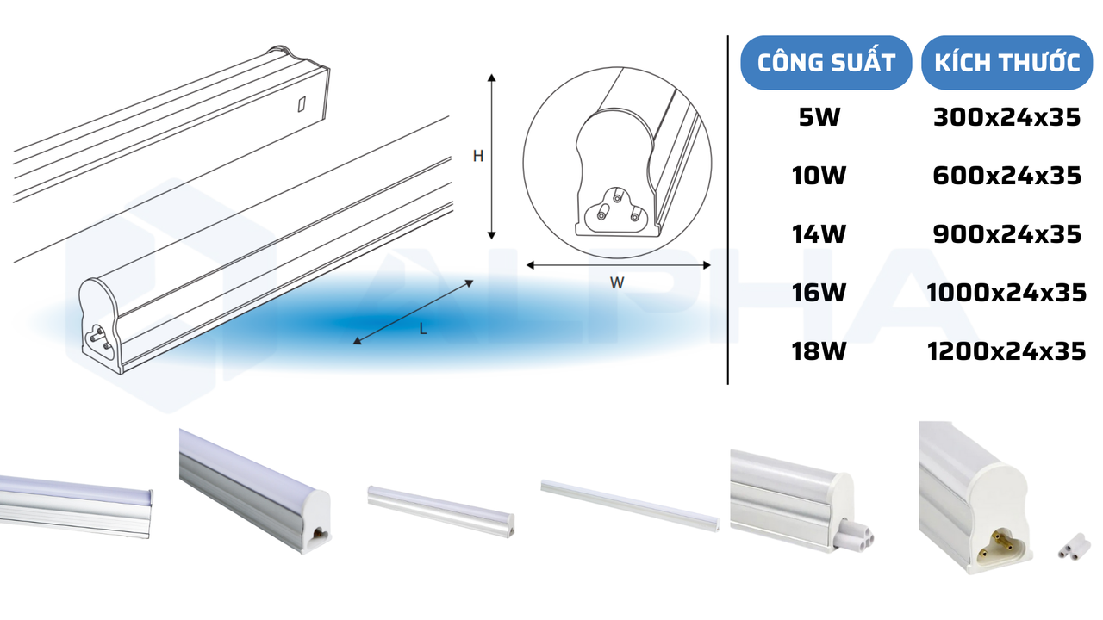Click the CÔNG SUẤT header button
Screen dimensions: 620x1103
pos(826,63)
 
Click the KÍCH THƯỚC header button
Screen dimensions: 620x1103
pos(1006,63)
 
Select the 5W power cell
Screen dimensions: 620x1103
pos(819,118)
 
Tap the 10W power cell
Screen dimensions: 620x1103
pos(819,177)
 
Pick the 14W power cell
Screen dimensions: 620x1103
pos(819,234)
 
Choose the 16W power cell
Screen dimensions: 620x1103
pos(819,293)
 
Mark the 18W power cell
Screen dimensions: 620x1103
pos(819,351)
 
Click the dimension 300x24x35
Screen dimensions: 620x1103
pos(1006,118)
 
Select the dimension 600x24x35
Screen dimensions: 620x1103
pos(1006,177)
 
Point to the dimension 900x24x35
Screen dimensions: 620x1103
pos(1006,234)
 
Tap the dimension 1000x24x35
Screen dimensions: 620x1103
pos(1006,293)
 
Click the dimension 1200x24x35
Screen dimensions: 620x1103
pos(1006,351)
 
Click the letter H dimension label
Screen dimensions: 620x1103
pos(477,156)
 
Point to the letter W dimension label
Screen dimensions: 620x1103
pos(616,283)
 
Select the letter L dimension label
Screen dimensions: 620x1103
pos(423,328)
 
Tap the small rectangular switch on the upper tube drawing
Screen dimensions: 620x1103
pos(301,103)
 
